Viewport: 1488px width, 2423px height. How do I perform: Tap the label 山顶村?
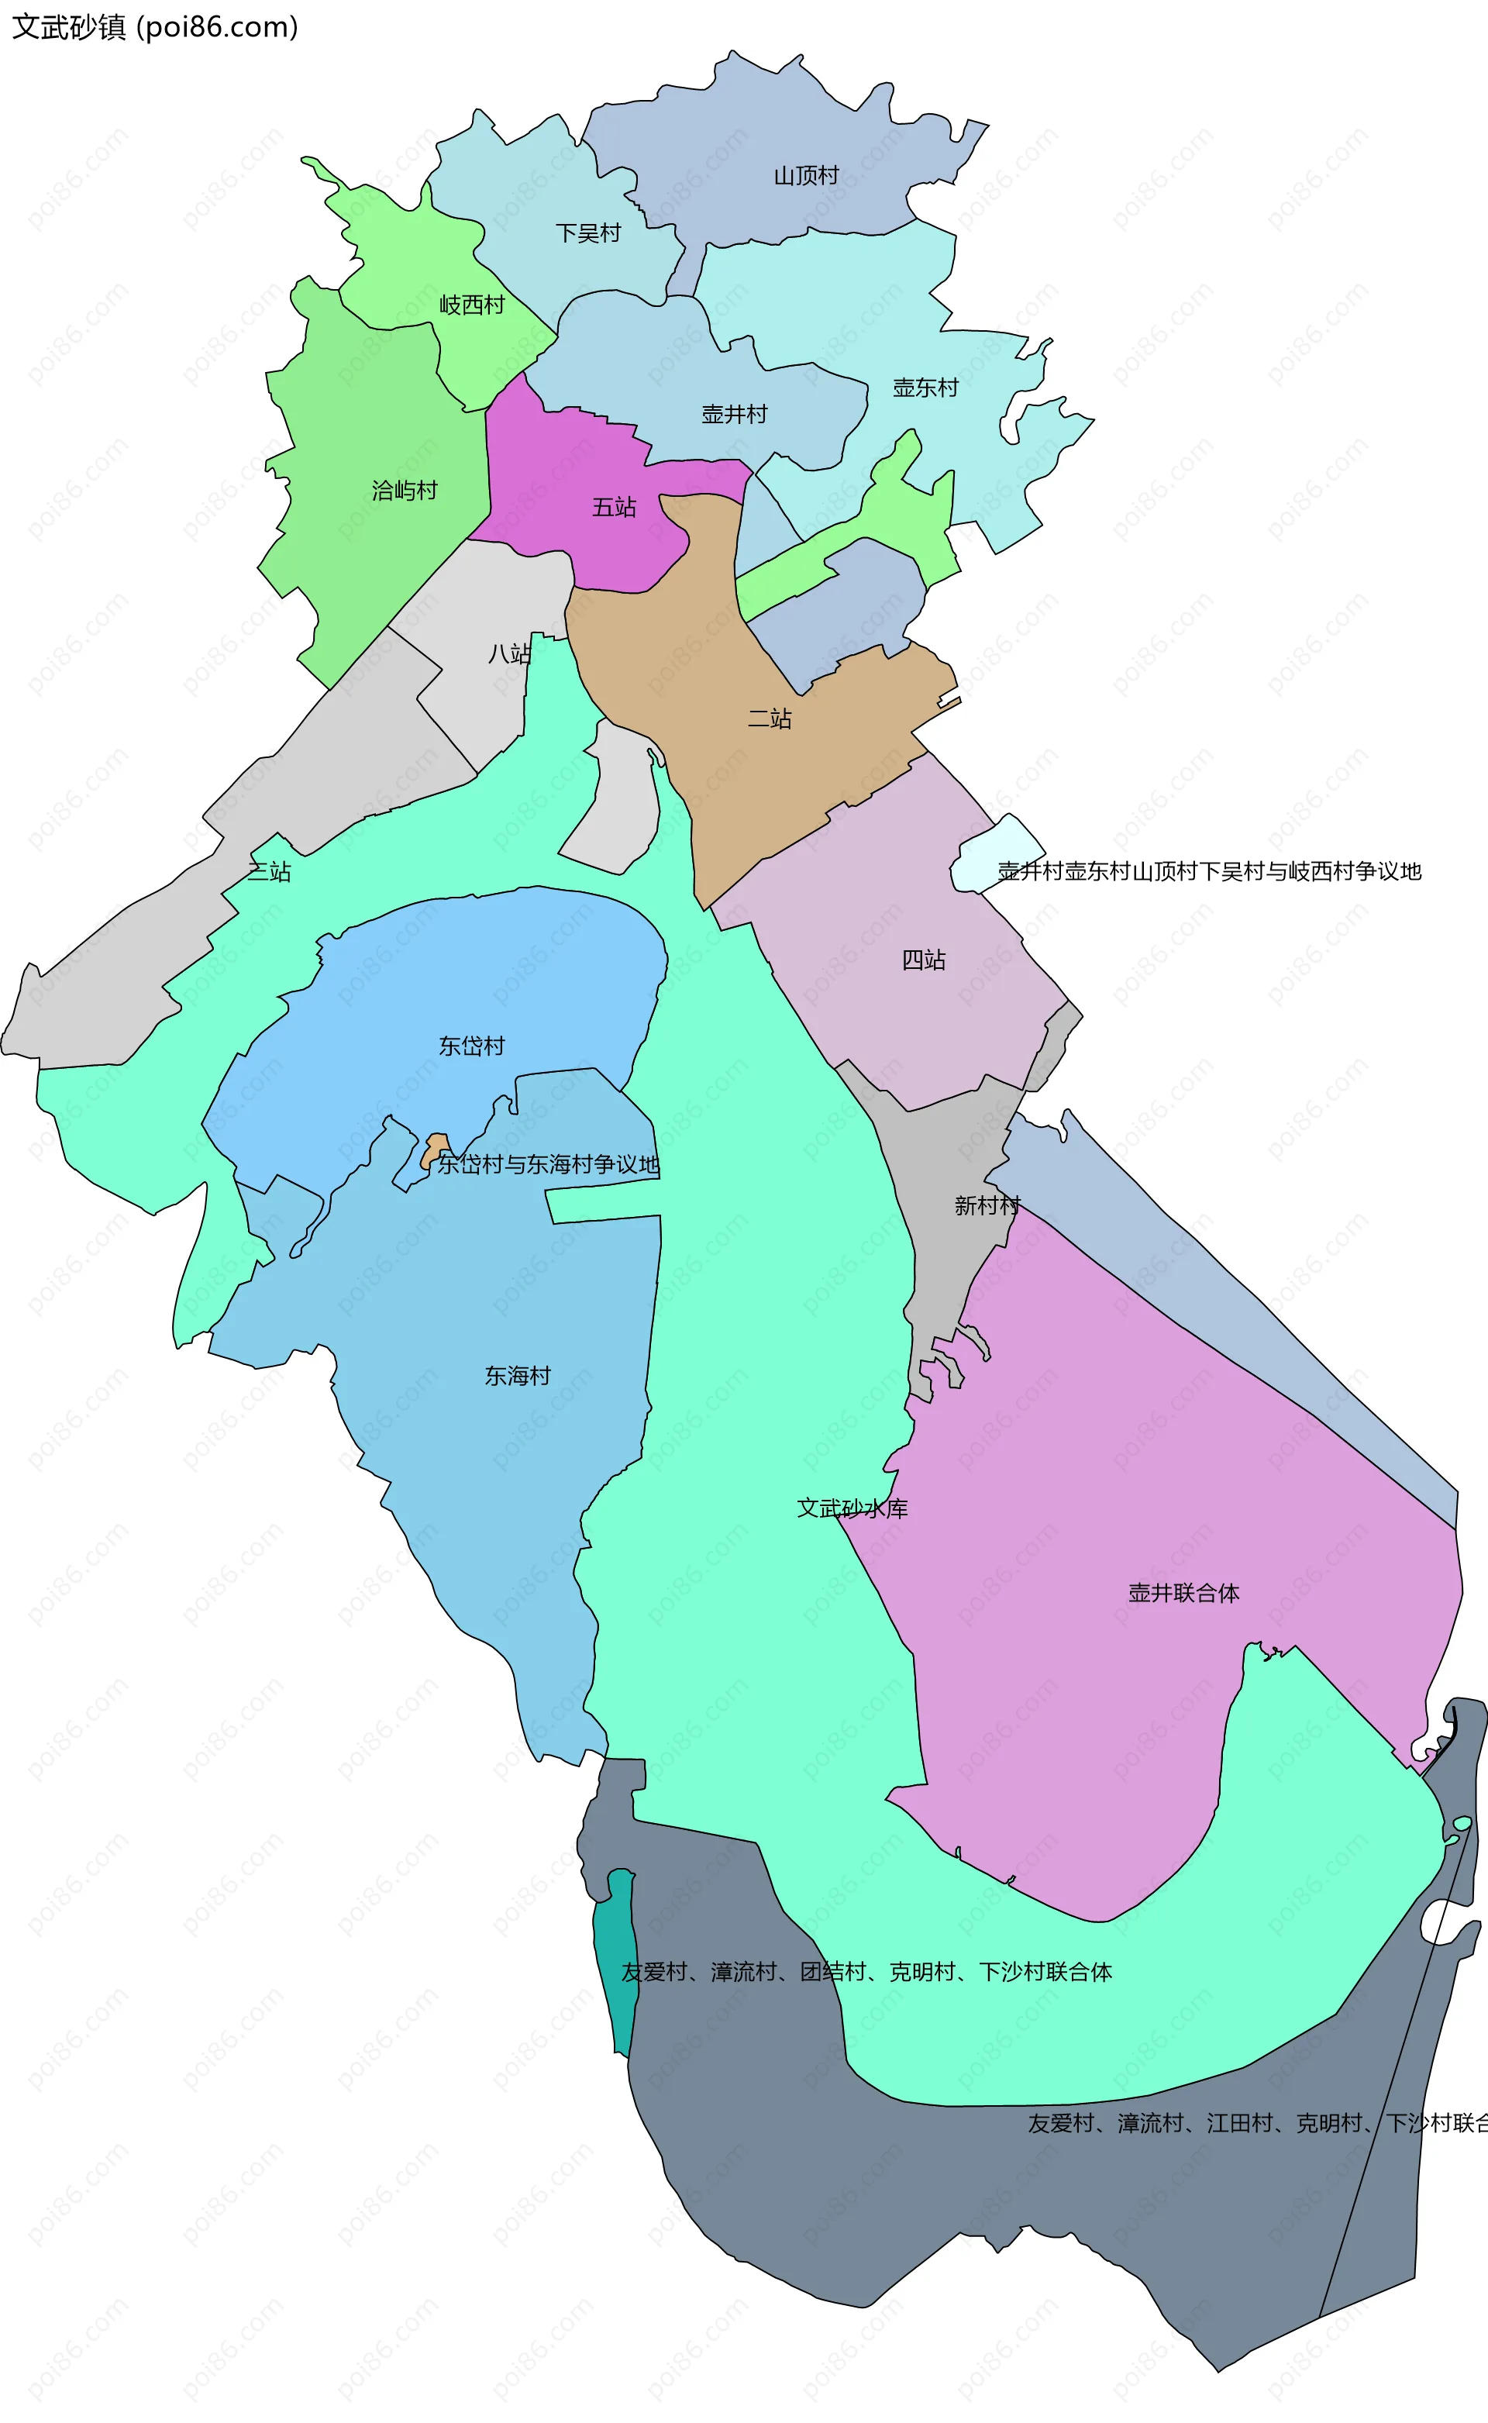(805, 176)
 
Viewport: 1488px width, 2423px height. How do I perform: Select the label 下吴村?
(587, 233)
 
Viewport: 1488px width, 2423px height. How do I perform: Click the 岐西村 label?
(471, 305)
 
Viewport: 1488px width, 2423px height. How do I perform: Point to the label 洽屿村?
(404, 490)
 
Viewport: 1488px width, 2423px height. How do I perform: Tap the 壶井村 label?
(734, 415)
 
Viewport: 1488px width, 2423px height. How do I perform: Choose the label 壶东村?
(925, 388)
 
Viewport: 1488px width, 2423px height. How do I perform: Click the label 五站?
(613, 507)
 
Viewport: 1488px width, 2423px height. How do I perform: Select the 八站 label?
(509, 653)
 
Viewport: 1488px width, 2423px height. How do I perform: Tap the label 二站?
(770, 719)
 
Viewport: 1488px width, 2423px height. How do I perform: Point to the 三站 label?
(269, 871)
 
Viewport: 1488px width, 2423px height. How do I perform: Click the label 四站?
(923, 960)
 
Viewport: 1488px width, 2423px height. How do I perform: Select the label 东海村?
(517, 1376)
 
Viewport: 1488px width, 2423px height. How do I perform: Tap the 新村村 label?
(987, 1205)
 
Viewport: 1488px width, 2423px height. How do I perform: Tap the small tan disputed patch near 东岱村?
(434, 1149)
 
